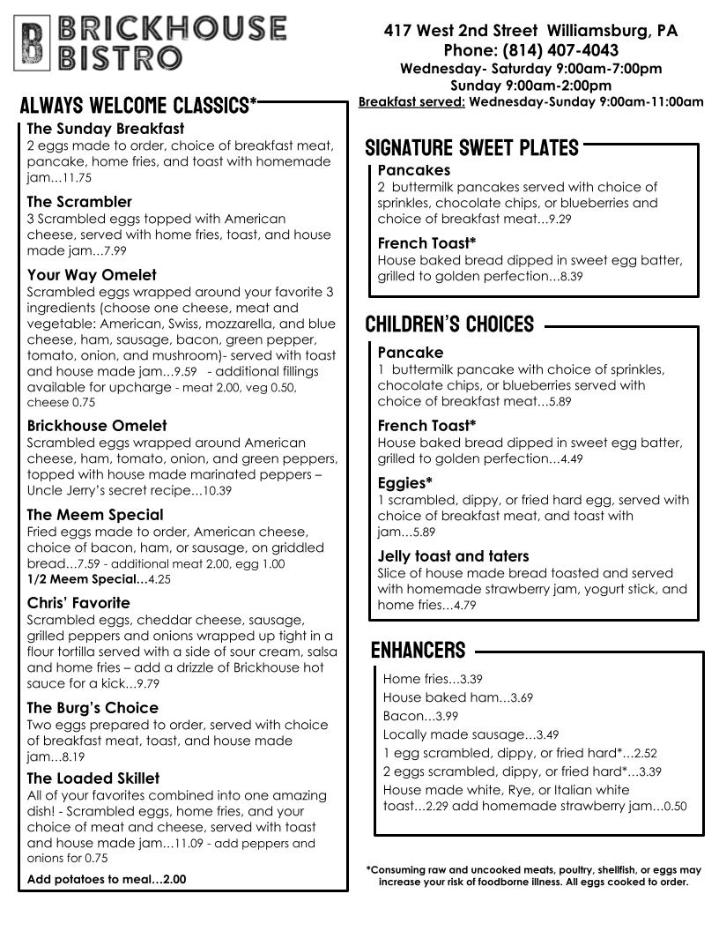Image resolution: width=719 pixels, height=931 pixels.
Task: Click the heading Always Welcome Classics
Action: [138, 107]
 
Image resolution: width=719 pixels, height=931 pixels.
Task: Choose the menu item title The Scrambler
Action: [79, 202]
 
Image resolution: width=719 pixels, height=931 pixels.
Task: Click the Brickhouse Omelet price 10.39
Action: [217, 491]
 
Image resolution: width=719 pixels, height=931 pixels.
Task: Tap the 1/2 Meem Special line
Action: [99, 580]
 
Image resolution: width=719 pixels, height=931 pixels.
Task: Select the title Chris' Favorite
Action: [78, 603]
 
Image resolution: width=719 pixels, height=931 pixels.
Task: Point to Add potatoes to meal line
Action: [107, 879]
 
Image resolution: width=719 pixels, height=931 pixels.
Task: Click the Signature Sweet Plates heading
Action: [471, 147]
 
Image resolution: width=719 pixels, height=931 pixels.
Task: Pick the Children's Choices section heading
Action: [449, 324]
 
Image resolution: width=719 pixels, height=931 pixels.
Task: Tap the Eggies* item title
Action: [405, 482]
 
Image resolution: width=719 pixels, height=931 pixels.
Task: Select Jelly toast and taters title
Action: [453, 556]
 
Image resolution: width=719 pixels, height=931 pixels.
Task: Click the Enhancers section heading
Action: [418, 651]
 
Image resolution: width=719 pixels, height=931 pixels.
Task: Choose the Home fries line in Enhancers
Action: [432, 680]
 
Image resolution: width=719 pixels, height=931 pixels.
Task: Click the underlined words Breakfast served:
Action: [411, 102]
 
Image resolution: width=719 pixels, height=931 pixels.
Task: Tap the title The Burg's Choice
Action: [93, 708]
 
